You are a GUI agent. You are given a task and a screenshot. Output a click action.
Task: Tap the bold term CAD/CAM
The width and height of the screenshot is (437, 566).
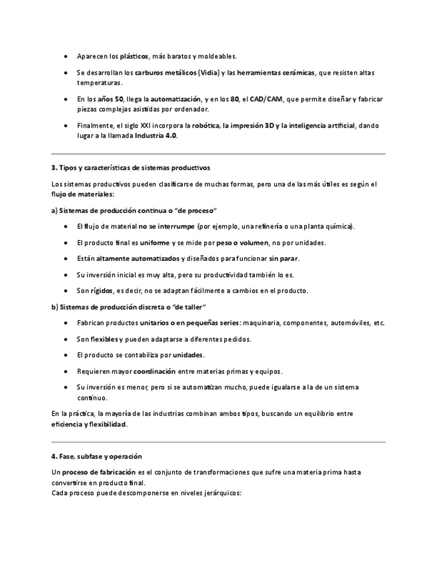(x=266, y=99)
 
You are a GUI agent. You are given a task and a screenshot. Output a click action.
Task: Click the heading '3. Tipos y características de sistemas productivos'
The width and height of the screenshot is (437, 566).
(x=131, y=168)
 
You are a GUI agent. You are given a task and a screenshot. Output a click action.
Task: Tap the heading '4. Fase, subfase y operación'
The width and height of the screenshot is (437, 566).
(x=97, y=457)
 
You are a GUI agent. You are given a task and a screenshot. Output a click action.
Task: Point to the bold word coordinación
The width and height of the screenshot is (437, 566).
(x=154, y=371)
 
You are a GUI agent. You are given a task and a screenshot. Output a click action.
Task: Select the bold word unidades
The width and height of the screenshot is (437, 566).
(x=188, y=355)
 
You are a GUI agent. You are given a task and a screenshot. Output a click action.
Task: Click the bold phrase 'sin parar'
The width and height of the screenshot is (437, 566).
(x=285, y=258)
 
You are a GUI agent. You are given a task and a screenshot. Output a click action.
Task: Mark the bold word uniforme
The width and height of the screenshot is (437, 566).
(x=155, y=243)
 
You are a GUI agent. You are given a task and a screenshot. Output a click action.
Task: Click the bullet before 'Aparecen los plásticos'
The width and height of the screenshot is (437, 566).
(x=65, y=57)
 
